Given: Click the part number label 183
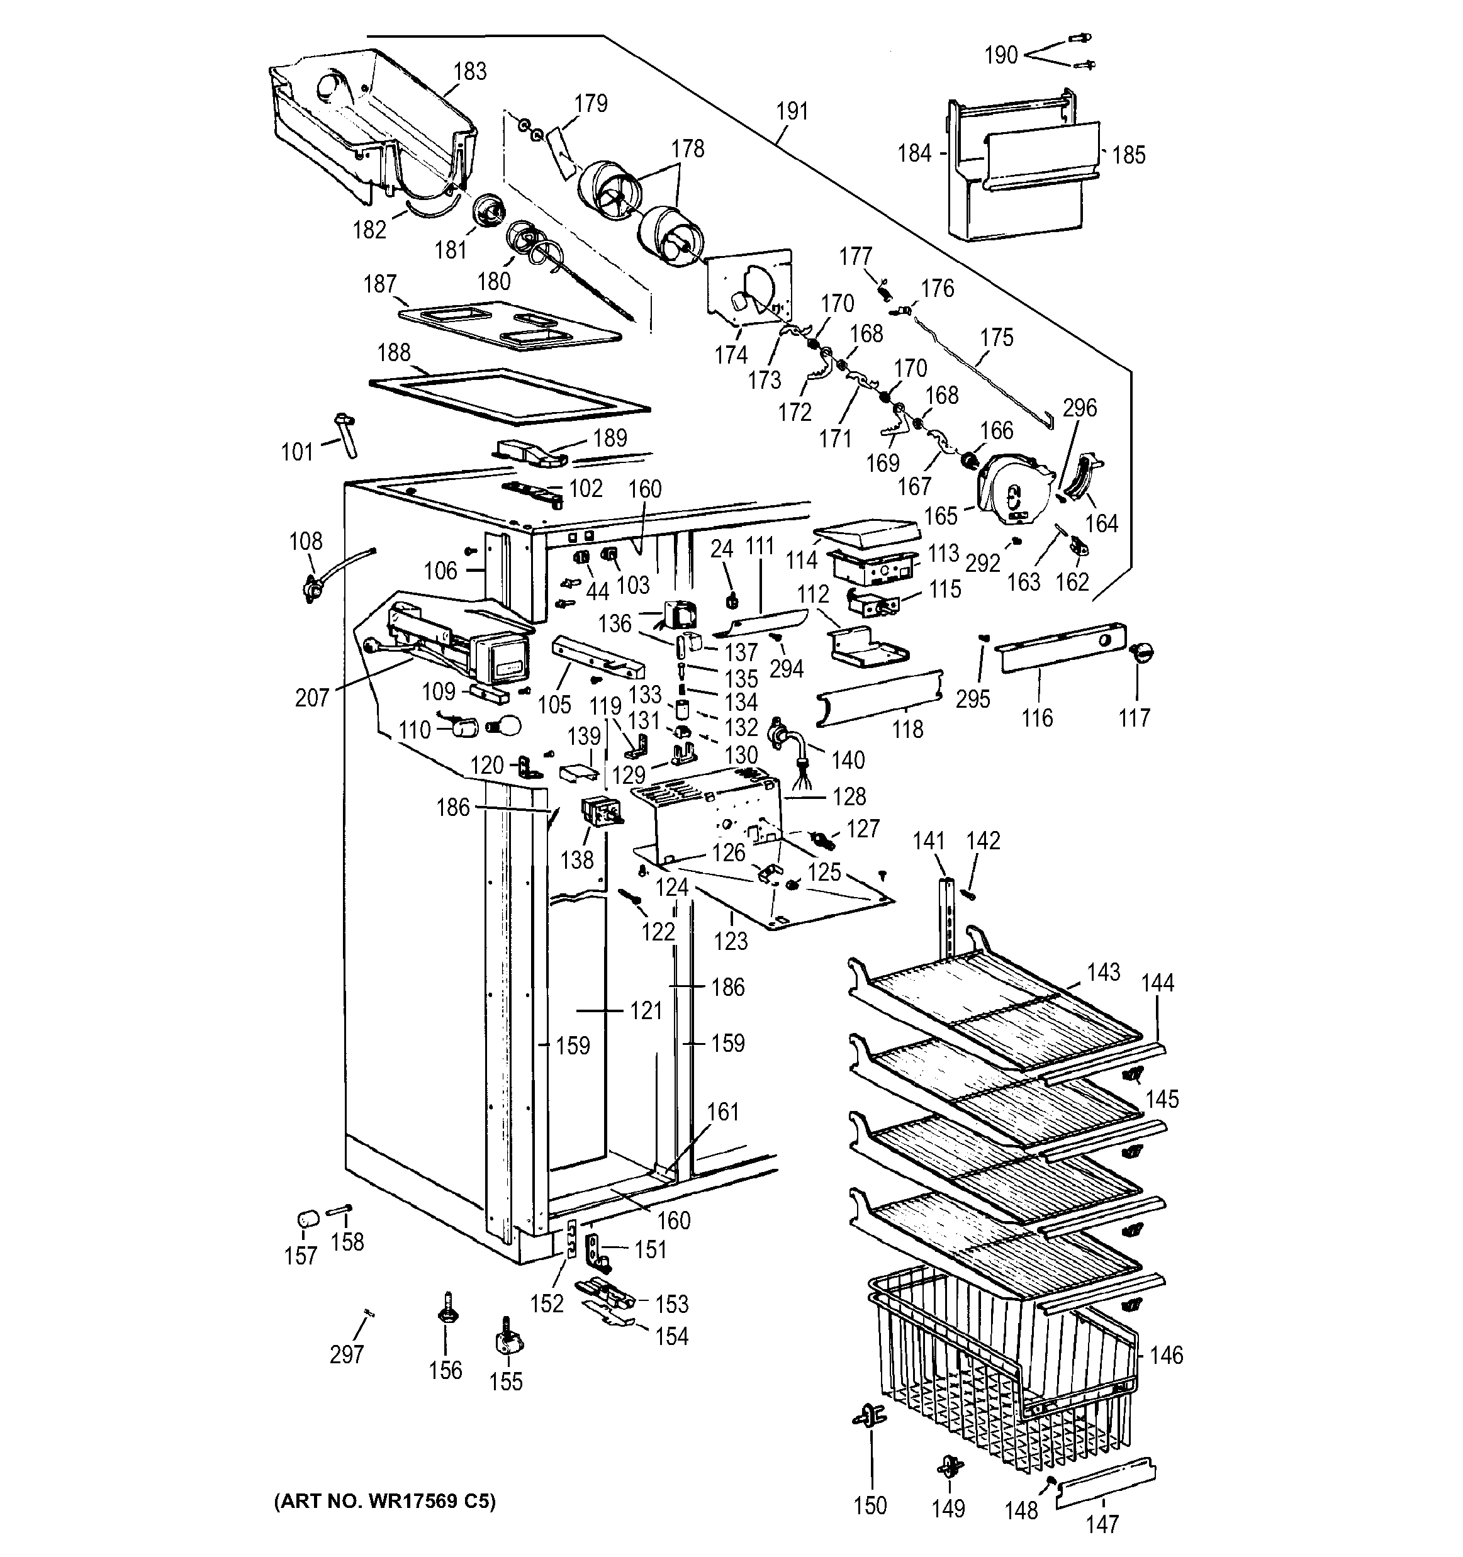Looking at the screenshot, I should pos(470,71).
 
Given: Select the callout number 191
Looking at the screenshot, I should pos(791,111).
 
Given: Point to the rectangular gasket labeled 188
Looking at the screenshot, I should pos(509,391).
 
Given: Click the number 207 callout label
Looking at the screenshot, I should pos(311,697).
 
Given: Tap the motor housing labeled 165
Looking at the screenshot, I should pos(1011,489).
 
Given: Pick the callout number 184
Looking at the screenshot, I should pos(914,153).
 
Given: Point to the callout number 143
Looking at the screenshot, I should pos(1104,972).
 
